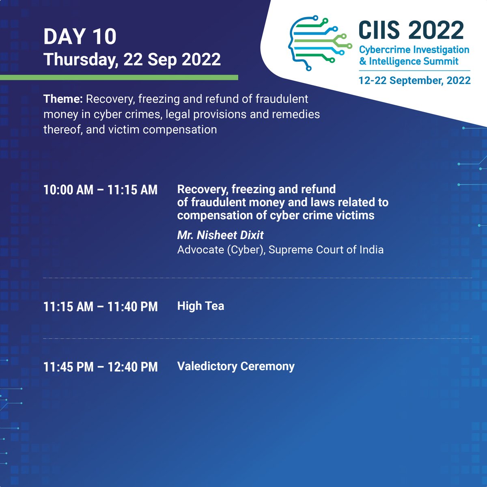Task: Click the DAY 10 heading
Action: click(80, 37)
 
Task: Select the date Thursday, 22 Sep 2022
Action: click(132, 60)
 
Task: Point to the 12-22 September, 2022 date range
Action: click(414, 80)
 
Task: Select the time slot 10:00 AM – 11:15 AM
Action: click(100, 190)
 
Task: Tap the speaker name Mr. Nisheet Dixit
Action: click(220, 235)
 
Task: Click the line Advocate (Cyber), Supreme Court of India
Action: click(280, 249)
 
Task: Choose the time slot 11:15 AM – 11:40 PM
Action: click(100, 306)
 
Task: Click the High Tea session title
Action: click(200, 306)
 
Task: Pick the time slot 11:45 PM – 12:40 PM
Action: click(100, 367)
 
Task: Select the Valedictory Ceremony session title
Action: click(236, 366)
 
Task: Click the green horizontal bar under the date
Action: click(119, 77)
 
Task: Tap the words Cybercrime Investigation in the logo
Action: click(414, 50)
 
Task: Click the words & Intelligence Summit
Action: click(409, 62)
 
